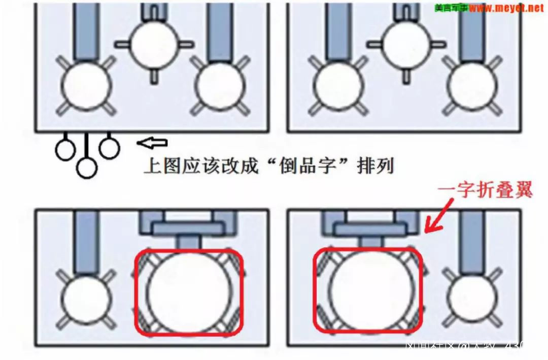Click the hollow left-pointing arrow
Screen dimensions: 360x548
coord(152,144)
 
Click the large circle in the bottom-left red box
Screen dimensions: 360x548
coord(188,293)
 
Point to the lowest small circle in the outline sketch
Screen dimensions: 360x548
coord(87,168)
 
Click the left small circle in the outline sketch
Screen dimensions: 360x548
coord(65,150)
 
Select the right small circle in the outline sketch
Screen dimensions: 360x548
coord(109,148)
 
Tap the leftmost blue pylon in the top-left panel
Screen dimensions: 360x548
coord(86,30)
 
